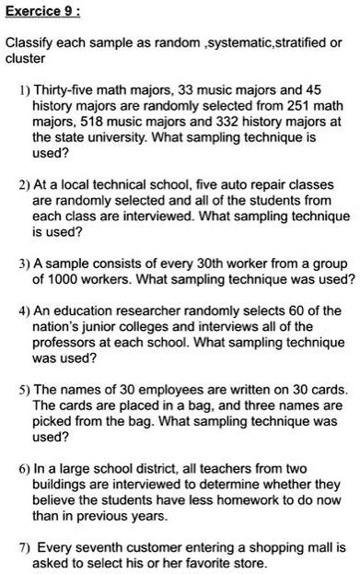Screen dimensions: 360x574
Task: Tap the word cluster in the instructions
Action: (x=25, y=59)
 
